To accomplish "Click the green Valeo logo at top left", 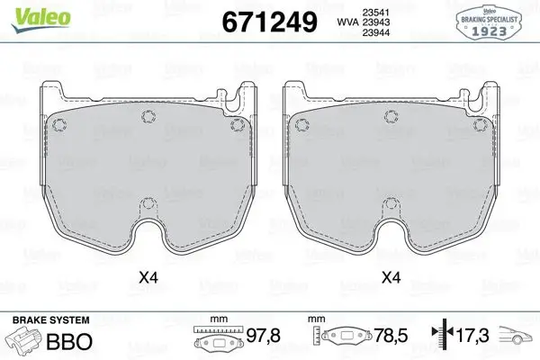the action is pyautogui.click(x=40, y=20).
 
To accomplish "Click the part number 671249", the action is pyautogui.click(x=269, y=22).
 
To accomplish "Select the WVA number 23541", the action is pyautogui.click(x=375, y=13).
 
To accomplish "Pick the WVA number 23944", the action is pyautogui.click(x=375, y=32).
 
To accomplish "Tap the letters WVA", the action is pyautogui.click(x=347, y=22).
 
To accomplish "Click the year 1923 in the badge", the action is pyautogui.click(x=489, y=31).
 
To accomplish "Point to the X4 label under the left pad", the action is pyautogui.click(x=148, y=277).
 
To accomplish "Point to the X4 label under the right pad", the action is pyautogui.click(x=391, y=277).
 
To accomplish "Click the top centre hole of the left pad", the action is pyautogui.click(x=148, y=116).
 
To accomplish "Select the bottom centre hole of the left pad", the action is pyautogui.click(x=148, y=203).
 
